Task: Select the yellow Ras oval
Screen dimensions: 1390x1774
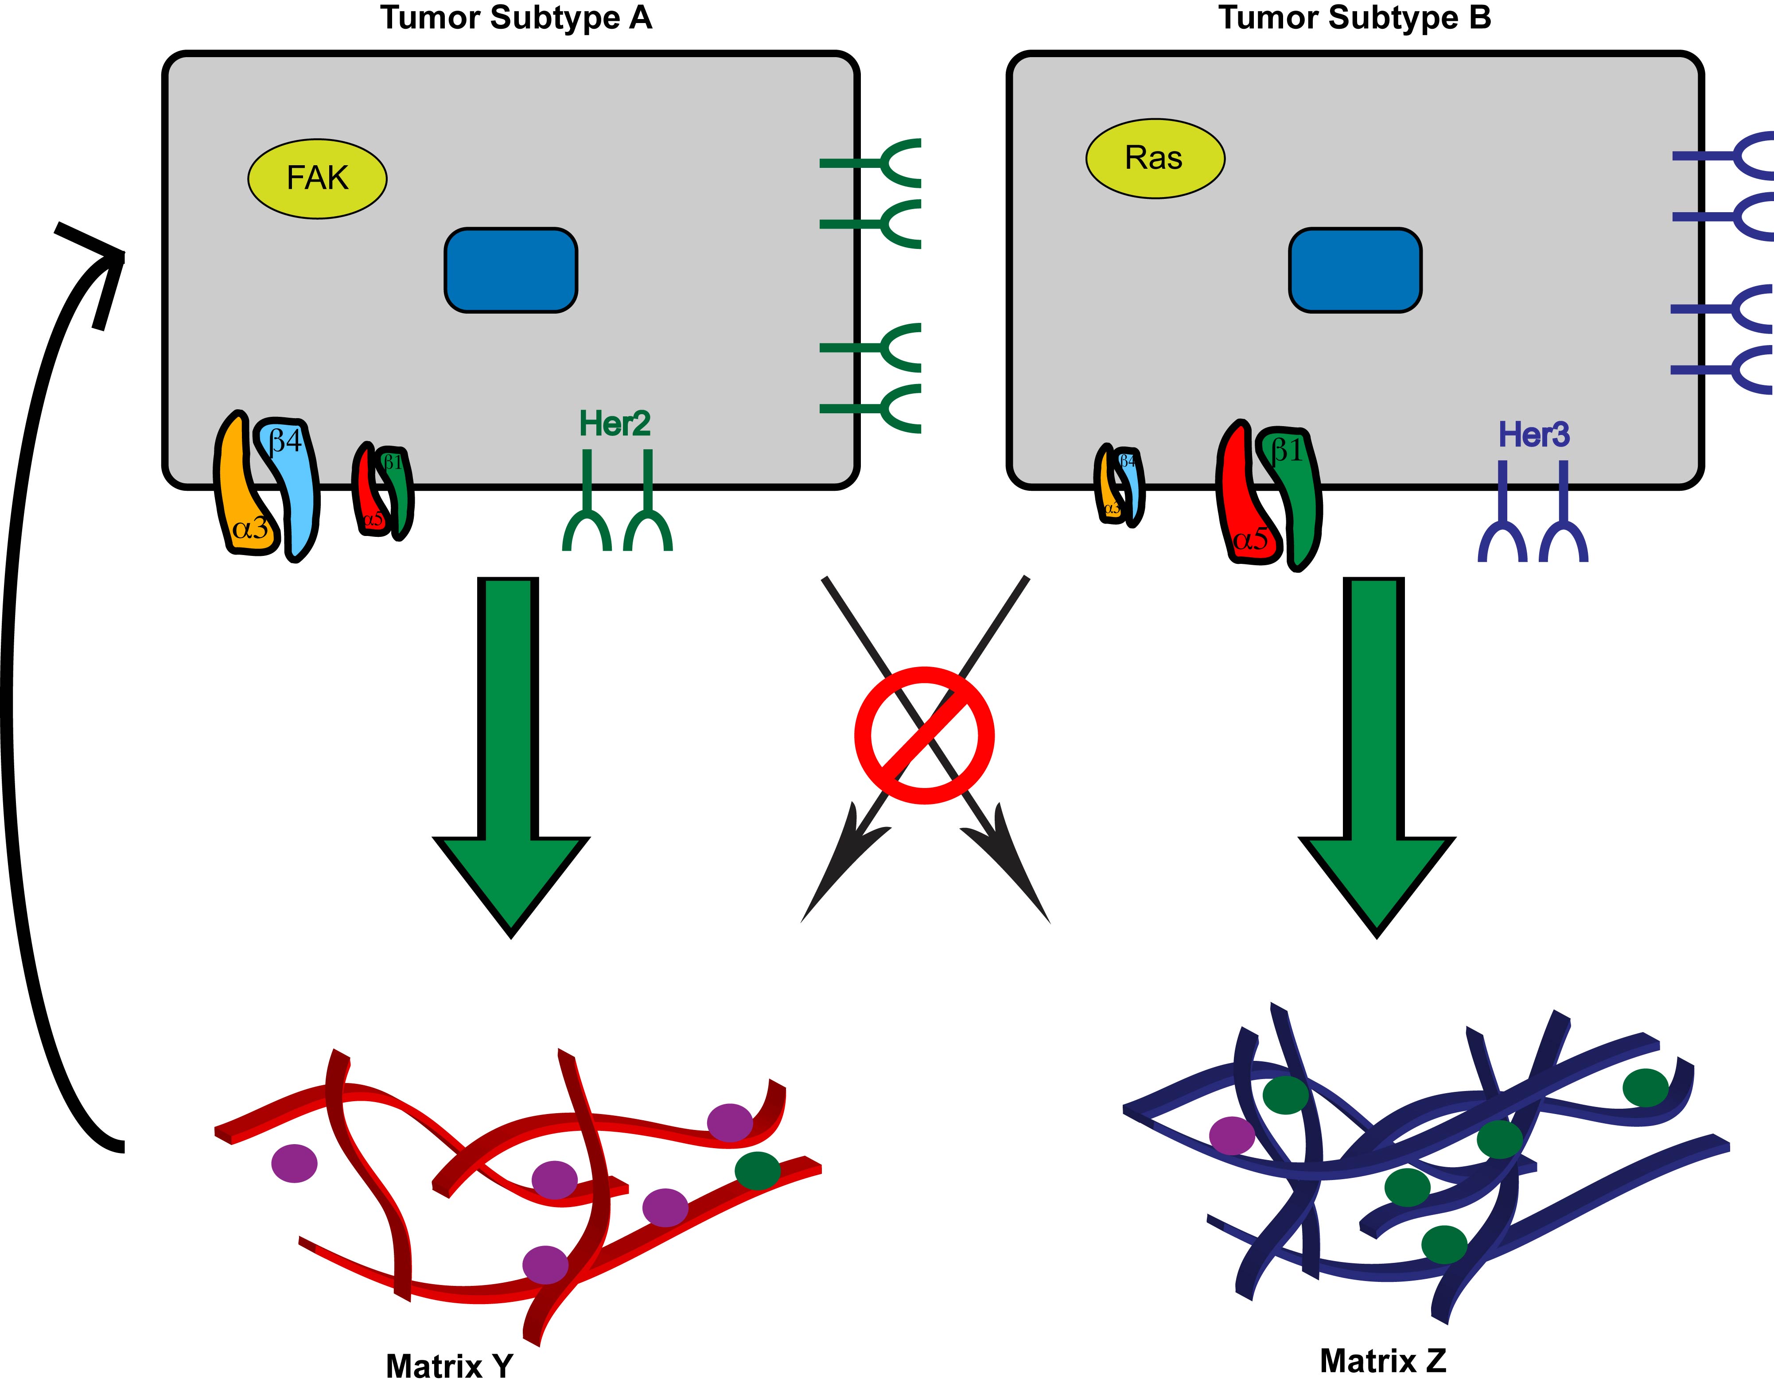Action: [x=1155, y=158]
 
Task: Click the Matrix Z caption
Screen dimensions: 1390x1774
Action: [x=1382, y=1360]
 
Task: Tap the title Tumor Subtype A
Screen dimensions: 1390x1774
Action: [x=516, y=18]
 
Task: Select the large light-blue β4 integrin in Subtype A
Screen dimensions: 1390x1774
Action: [x=293, y=488]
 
